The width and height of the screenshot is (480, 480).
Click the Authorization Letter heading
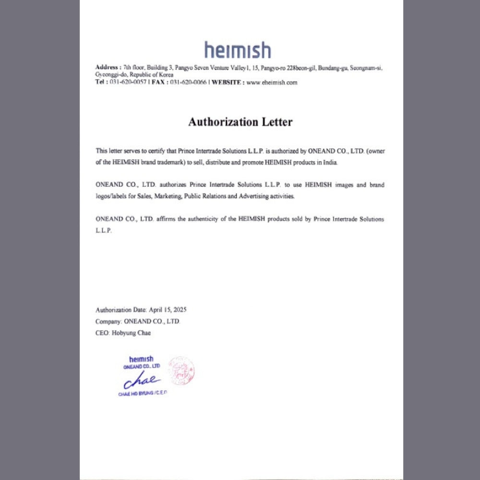[x=240, y=122]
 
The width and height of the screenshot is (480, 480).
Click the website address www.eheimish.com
[x=272, y=83]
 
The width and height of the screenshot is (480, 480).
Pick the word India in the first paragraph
[x=331, y=163]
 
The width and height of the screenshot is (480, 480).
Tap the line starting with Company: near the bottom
[x=138, y=322]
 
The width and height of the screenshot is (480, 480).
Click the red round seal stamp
[x=181, y=370]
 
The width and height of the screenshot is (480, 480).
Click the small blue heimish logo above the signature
[x=141, y=359]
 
